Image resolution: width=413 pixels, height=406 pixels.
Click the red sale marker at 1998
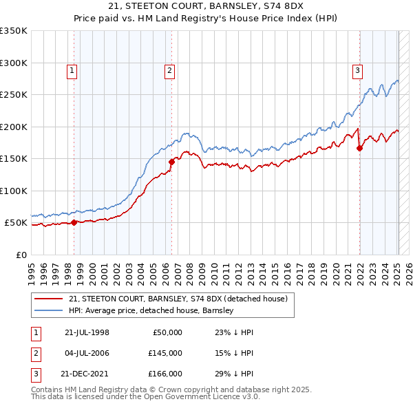(x=74, y=222)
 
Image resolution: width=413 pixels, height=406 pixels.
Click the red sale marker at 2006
(x=171, y=162)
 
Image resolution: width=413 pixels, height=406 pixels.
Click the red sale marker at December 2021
(x=359, y=148)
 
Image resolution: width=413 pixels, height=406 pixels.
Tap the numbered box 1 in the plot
(x=72, y=70)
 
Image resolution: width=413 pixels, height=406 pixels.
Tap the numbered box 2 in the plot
(x=169, y=70)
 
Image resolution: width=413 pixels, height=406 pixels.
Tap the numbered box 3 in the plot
(x=358, y=70)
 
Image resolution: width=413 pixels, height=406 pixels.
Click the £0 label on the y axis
(x=20, y=255)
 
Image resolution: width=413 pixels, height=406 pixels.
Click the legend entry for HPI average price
(x=151, y=310)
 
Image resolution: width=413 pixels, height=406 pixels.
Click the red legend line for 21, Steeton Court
(x=49, y=299)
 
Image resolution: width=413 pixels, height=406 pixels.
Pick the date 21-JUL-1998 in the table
(x=87, y=332)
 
